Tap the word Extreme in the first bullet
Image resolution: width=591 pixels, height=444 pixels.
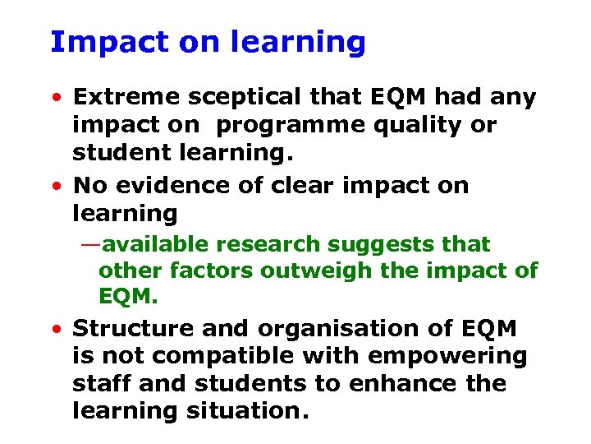coord(124,98)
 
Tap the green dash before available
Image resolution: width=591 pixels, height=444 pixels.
coord(91,245)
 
